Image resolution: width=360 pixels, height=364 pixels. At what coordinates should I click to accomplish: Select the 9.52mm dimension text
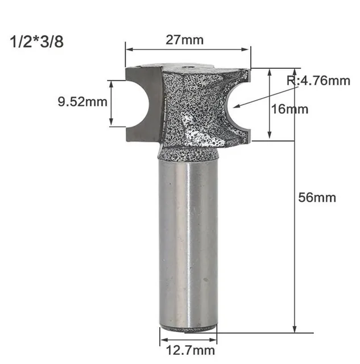[82, 102]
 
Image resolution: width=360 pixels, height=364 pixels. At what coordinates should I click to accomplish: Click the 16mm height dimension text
[289, 109]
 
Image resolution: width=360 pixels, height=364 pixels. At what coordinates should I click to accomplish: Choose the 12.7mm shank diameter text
[188, 350]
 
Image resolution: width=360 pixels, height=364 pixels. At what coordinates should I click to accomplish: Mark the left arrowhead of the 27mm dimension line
[127, 49]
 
